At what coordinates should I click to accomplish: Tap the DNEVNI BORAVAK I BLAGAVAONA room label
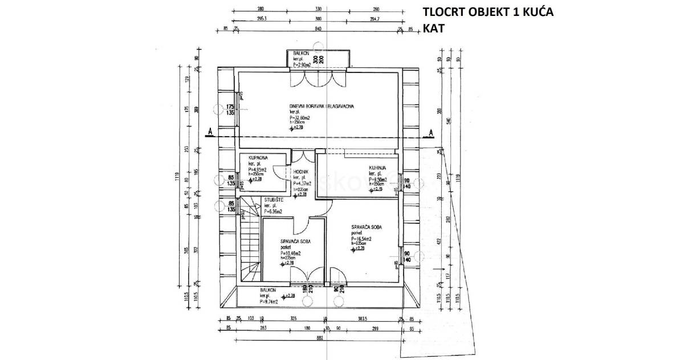(323, 105)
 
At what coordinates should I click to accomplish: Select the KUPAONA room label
(250, 157)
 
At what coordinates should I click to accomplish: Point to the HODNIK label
(301, 171)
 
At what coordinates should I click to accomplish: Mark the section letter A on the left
(210, 132)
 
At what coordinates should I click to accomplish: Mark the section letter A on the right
(431, 132)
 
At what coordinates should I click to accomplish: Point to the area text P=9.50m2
(378, 179)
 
